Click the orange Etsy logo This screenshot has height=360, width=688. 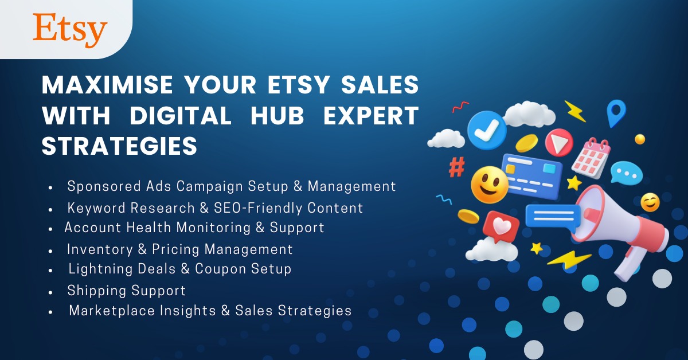pos(70,30)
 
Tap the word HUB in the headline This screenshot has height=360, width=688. pos(277,115)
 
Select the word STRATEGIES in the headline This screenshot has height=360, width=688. pos(119,146)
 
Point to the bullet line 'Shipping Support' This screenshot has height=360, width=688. pos(127,291)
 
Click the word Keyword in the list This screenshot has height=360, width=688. pos(96,208)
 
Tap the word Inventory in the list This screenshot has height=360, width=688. pos(100,249)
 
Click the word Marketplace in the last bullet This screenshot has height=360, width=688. pos(112,311)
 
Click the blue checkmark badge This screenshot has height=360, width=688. pos(487,130)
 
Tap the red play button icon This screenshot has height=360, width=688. pos(559,143)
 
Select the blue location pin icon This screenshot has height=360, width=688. pos(616,113)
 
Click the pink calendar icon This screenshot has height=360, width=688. pos(591,158)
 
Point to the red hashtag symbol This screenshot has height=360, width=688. pos(457,167)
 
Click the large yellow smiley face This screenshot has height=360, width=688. pos(490,185)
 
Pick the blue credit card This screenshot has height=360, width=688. pos(533,177)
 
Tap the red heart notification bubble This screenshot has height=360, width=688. pos(501,226)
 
